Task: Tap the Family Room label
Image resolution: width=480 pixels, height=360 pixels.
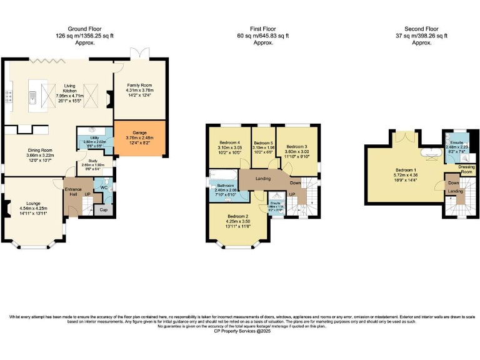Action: [x=139, y=84]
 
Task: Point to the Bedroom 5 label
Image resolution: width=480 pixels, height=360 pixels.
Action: [x=264, y=143]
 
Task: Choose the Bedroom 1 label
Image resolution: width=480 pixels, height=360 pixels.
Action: [x=406, y=169]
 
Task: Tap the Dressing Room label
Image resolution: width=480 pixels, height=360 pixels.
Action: [x=466, y=169]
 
